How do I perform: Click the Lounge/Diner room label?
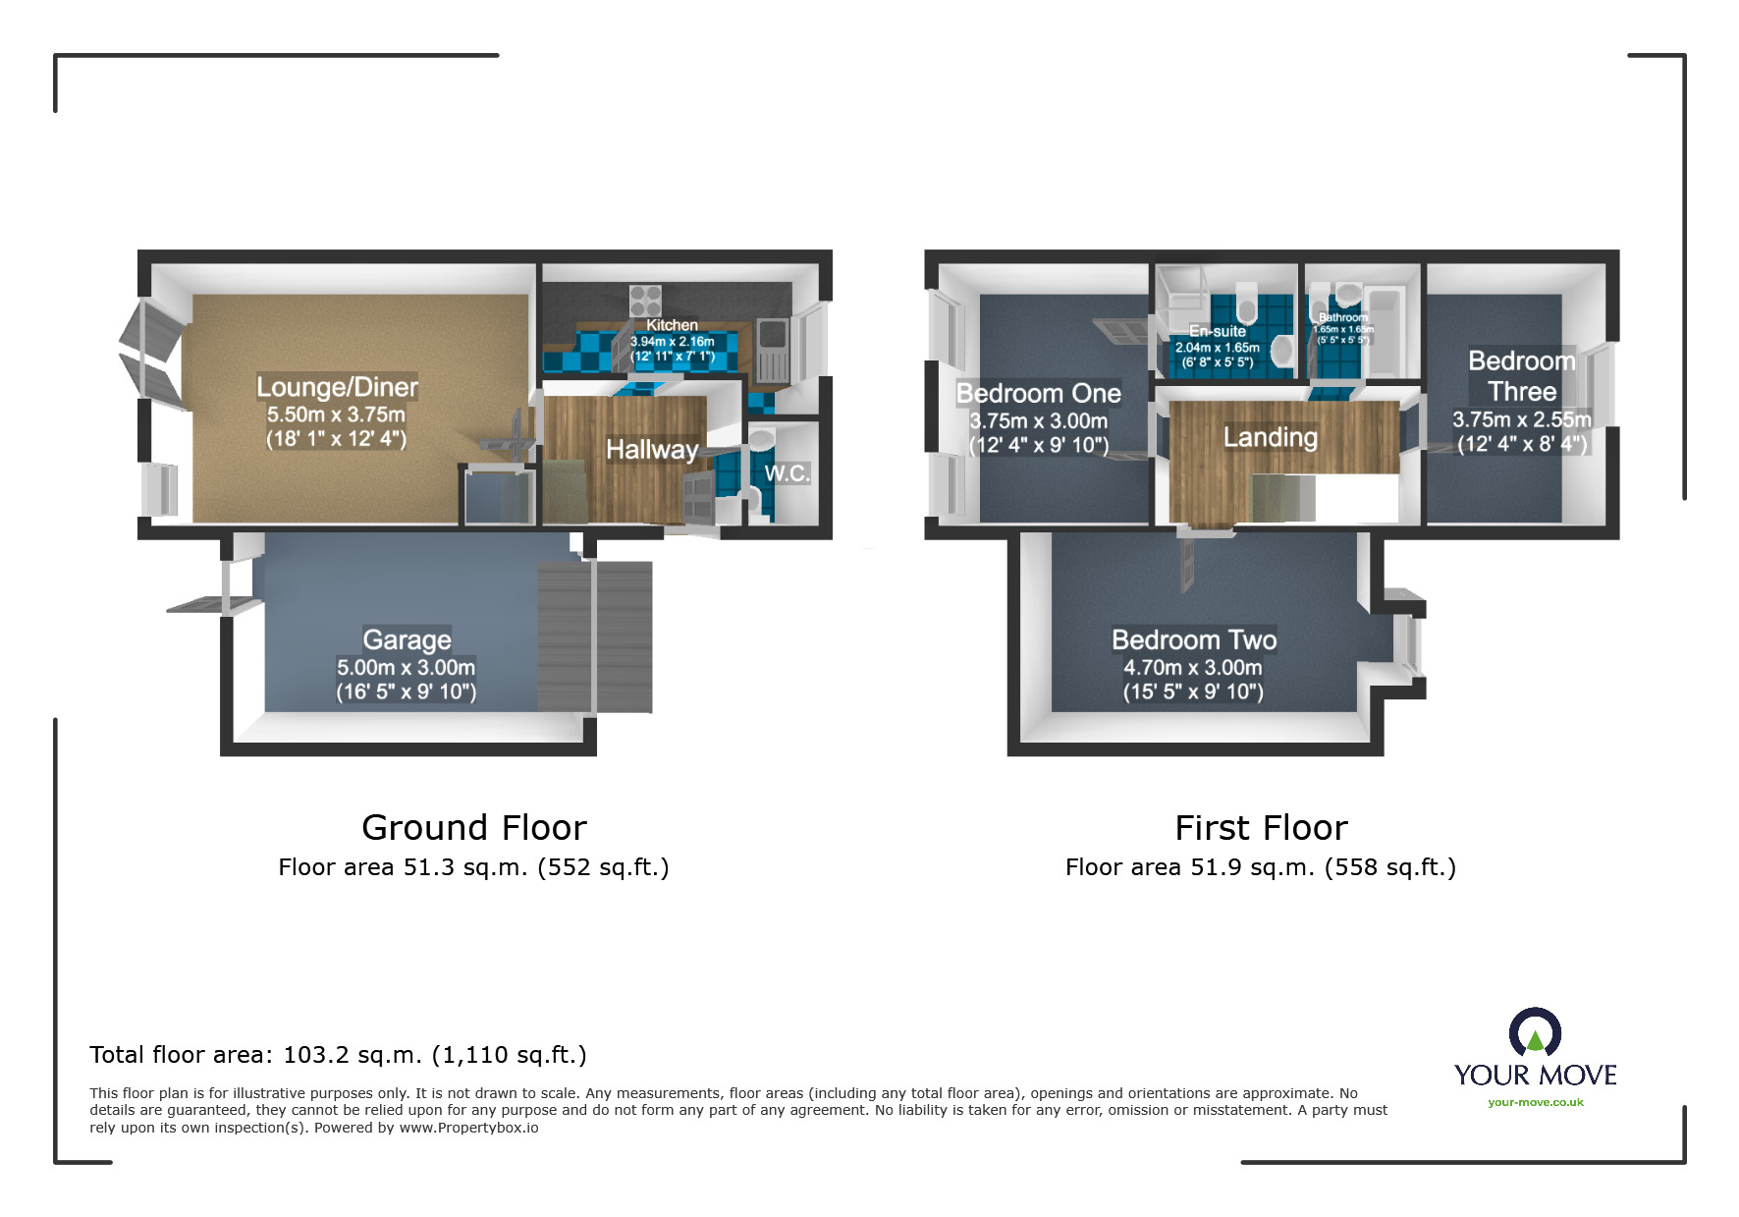point(337,387)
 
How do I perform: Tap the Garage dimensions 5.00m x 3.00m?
point(406,667)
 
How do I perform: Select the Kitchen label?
point(672,325)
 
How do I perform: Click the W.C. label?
point(787,473)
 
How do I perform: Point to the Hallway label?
point(651,450)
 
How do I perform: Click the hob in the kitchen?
point(645,299)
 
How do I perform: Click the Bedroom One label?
point(1038,394)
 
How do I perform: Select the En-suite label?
point(1217,332)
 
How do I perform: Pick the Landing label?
point(1270,437)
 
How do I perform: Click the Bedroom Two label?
point(1193,640)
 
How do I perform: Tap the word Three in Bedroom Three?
point(1521,392)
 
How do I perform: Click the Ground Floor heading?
point(473,828)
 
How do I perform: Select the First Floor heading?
point(1261,828)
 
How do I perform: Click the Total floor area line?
point(338,1055)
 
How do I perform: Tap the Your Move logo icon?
point(1535,1032)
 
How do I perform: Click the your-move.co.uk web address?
point(1535,1102)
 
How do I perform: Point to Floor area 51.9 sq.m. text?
point(1260,867)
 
